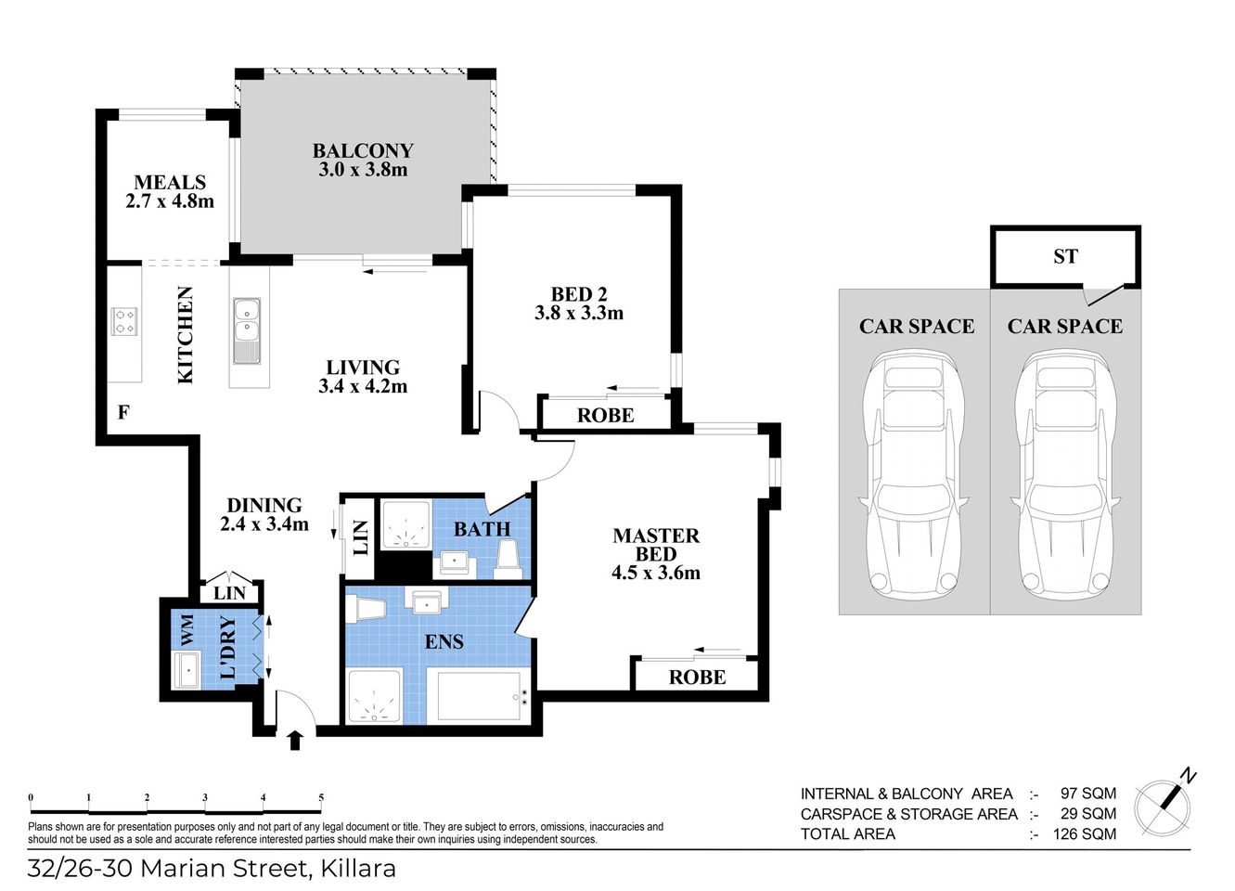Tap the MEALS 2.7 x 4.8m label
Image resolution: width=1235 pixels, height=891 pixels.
[170, 191]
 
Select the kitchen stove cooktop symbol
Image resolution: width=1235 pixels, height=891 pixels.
[124, 321]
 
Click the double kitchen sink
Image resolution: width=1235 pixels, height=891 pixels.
[246, 330]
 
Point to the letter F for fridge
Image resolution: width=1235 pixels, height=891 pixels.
[123, 412]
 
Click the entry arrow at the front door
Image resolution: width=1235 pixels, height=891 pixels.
[295, 739]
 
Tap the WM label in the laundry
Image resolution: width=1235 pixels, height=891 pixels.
[187, 631]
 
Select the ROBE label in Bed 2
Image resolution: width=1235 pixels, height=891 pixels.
[605, 416]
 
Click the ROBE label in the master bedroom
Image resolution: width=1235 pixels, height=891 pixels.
[697, 678]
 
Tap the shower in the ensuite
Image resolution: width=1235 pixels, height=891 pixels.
[374, 696]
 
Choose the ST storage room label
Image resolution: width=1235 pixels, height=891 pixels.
[1065, 256]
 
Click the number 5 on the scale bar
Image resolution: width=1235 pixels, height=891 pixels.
[321, 797]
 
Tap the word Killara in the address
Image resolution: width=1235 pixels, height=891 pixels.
[358, 869]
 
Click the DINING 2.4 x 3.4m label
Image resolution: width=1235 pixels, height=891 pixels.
[264, 514]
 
